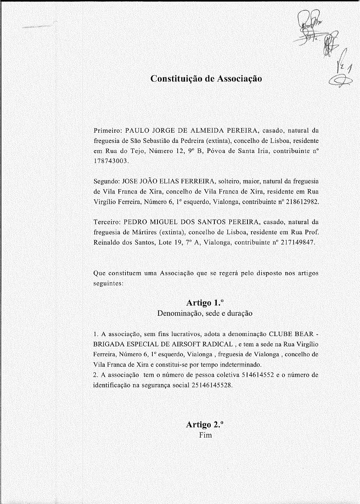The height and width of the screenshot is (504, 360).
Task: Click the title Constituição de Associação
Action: (206, 79)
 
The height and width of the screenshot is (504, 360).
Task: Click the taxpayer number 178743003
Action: (111, 161)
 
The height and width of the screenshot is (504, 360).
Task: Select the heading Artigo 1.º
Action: (205, 303)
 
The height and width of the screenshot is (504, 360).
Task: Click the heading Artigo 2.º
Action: (205, 425)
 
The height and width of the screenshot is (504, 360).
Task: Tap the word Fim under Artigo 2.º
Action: (205, 435)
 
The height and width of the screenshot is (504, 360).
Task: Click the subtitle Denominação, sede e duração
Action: (204, 314)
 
